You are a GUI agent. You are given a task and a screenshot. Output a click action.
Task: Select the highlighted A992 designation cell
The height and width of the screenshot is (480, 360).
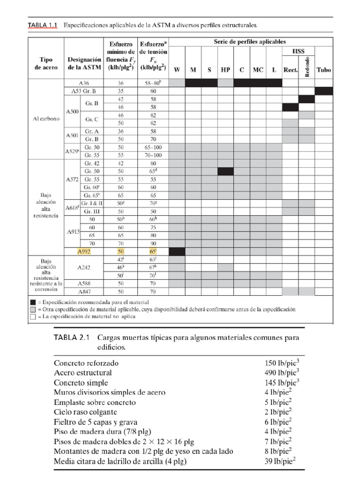click(84, 252)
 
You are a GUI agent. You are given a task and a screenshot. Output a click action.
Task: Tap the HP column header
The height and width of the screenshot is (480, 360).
click(225, 70)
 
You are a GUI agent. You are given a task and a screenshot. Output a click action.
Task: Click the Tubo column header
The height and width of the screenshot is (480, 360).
click(323, 70)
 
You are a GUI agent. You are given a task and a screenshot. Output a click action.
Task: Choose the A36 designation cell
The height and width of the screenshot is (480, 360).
click(84, 82)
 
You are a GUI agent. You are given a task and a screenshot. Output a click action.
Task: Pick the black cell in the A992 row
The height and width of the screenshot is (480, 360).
click(177, 252)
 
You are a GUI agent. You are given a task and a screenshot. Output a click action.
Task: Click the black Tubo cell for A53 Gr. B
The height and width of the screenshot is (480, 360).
click(323, 91)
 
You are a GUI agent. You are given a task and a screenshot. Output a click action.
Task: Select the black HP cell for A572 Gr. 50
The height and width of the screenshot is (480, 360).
click(225, 172)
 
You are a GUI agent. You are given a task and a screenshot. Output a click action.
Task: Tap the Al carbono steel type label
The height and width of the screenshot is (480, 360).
click(46, 119)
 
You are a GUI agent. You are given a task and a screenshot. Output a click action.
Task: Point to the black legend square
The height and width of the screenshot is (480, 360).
click(33, 302)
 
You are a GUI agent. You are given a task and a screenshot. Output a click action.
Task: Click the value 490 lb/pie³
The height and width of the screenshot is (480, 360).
click(281, 373)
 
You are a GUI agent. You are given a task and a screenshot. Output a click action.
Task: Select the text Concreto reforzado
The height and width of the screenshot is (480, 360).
click(86, 363)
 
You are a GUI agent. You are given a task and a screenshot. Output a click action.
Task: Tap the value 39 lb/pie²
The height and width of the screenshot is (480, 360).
click(280, 461)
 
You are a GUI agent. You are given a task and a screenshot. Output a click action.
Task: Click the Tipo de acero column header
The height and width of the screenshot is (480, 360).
click(46, 64)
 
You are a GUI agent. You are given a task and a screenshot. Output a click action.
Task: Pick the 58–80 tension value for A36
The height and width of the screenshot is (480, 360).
click(153, 82)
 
